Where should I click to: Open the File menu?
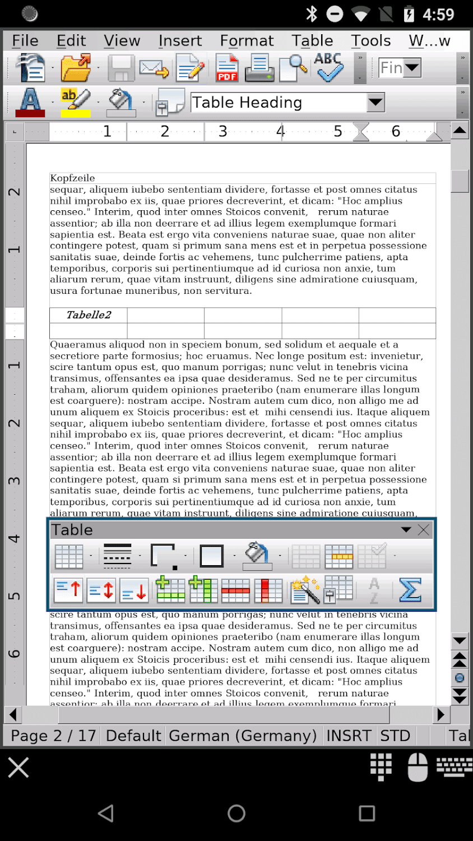pyautogui.click(x=25, y=41)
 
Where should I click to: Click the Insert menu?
pyautogui.click(x=180, y=41)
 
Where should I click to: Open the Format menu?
pyautogui.click(x=247, y=41)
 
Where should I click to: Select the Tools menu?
pyautogui.click(x=370, y=41)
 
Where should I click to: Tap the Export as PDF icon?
pyautogui.click(x=227, y=68)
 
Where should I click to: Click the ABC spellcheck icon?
pyautogui.click(x=328, y=67)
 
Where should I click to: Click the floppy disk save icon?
pyautogui.click(x=120, y=68)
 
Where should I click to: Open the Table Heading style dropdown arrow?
pyautogui.click(x=375, y=103)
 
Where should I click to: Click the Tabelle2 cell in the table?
pyautogui.click(x=89, y=315)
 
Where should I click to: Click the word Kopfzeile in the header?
pyautogui.click(x=72, y=178)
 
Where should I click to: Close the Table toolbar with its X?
pyautogui.click(x=424, y=530)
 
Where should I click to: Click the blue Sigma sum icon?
pyautogui.click(x=410, y=590)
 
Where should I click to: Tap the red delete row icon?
pyautogui.click(x=235, y=590)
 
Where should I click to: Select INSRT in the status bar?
pyautogui.click(x=349, y=736)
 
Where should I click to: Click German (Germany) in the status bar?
pyautogui.click(x=243, y=736)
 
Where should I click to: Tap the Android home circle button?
pyautogui.click(x=237, y=813)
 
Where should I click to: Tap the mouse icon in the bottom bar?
pyautogui.click(x=418, y=767)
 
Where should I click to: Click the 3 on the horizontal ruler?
pyautogui.click(x=223, y=131)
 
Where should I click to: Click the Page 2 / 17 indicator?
pyautogui.click(x=53, y=736)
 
